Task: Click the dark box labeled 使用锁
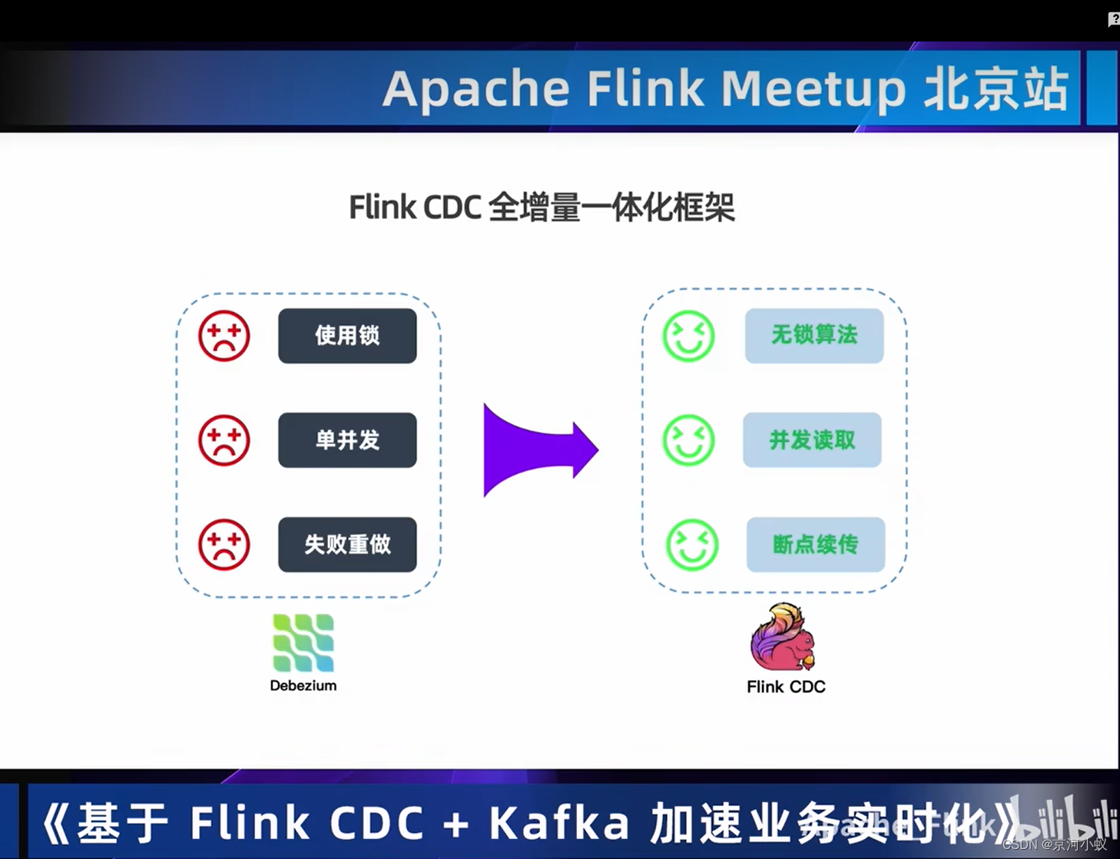(x=347, y=336)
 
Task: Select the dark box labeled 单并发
(x=347, y=440)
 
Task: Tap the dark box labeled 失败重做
(x=347, y=545)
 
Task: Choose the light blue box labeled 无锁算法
(x=814, y=335)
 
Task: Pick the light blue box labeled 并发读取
(x=812, y=440)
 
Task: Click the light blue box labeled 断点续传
(x=815, y=545)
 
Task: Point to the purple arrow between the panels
(x=538, y=450)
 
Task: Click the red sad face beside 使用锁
(x=224, y=336)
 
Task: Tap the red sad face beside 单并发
(x=224, y=440)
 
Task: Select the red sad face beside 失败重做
(x=224, y=545)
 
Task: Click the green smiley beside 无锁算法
(x=689, y=336)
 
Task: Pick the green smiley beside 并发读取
(x=689, y=440)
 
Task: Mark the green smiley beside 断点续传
(x=692, y=545)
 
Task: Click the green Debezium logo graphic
(x=303, y=642)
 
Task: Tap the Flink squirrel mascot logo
(x=783, y=638)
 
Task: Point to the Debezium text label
(x=303, y=685)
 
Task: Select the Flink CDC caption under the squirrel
(x=786, y=687)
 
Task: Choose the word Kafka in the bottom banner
(x=560, y=823)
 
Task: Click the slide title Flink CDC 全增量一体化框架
(x=542, y=207)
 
